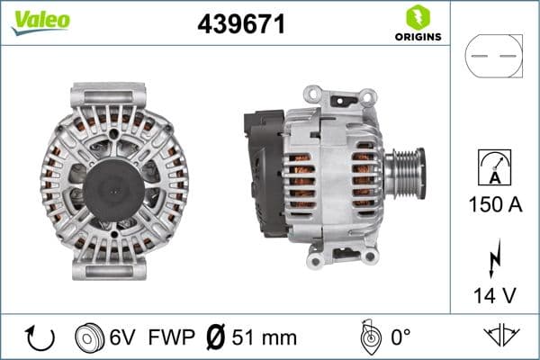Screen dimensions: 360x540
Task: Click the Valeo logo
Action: coord(40,21)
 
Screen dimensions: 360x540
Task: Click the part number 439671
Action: coord(241,25)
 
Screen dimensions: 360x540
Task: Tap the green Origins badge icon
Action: coord(416,16)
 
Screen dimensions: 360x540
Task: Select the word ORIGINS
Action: coord(417,37)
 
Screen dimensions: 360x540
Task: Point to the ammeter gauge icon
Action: coord(493,169)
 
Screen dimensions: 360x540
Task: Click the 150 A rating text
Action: coord(493,204)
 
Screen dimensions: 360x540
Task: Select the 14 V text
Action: coord(493,295)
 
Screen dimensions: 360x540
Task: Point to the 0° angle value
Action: coord(399,337)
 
